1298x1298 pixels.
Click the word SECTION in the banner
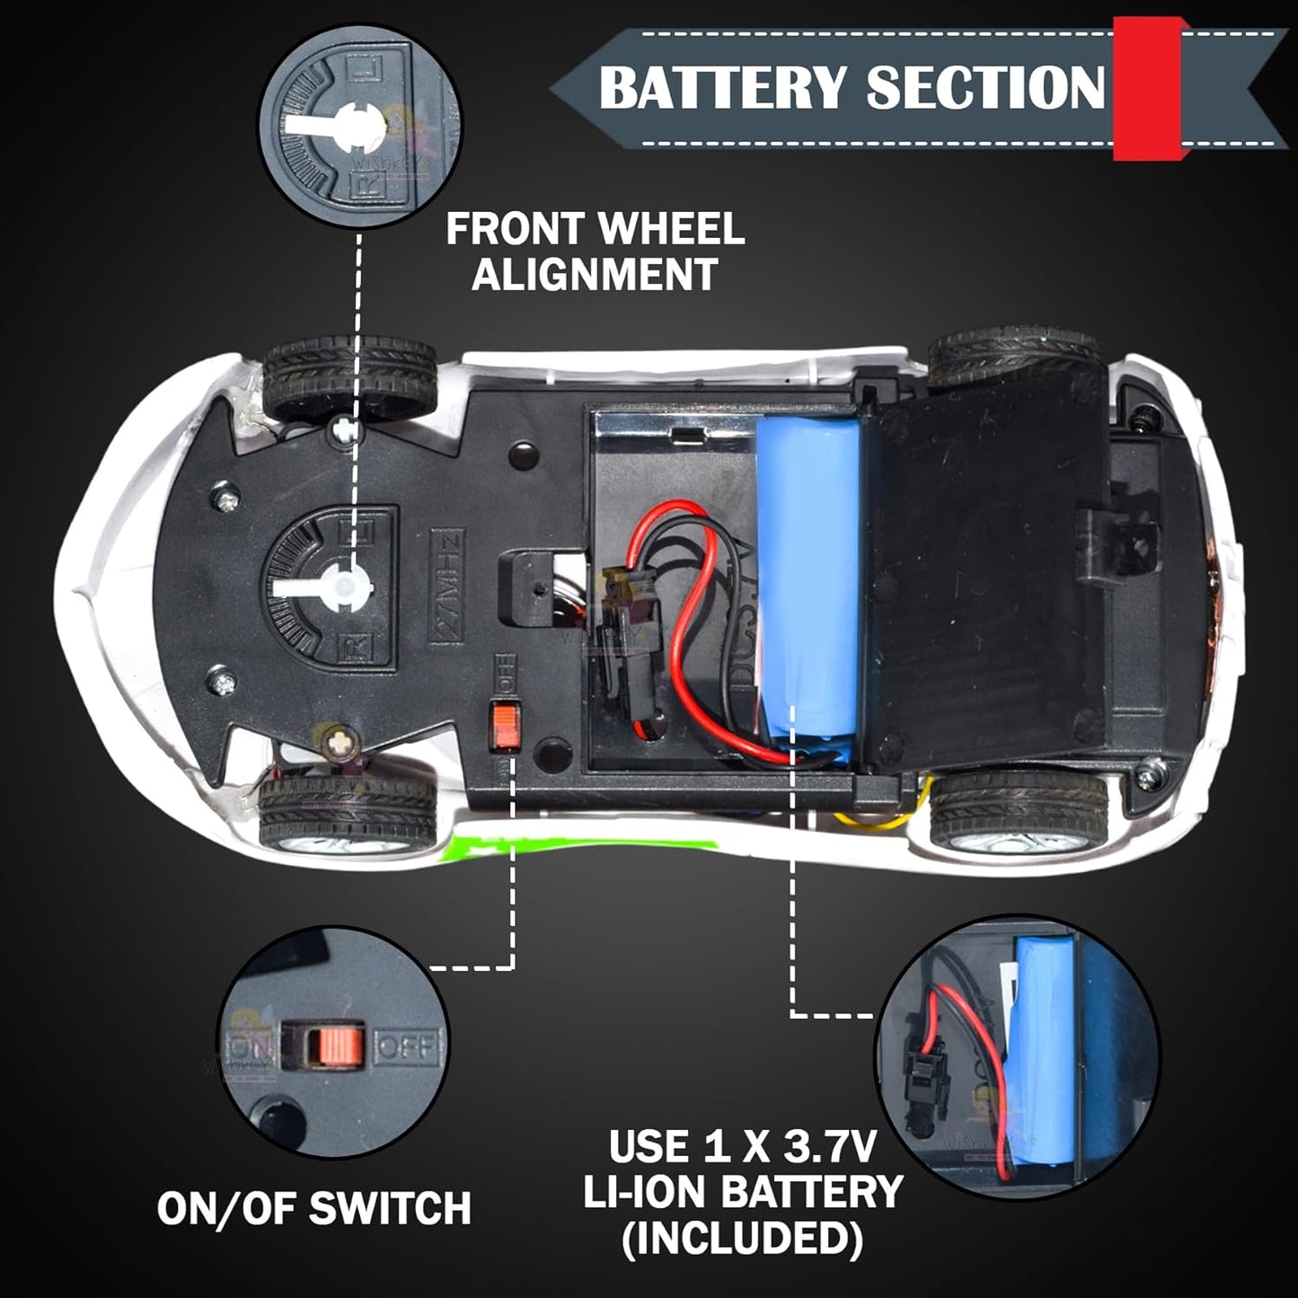985,88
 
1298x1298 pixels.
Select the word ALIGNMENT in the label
595,274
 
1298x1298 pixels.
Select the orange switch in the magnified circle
332,1045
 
